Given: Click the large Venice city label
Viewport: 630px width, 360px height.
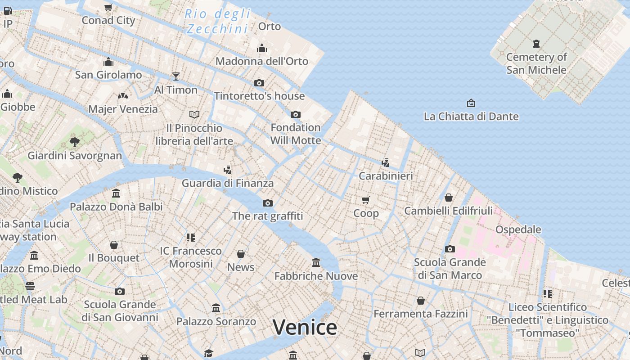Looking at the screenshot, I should pyautogui.click(x=305, y=327).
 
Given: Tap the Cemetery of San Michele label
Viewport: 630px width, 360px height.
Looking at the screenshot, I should pyautogui.click(x=536, y=63).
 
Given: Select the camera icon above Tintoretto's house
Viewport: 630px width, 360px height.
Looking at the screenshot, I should pyautogui.click(x=259, y=83).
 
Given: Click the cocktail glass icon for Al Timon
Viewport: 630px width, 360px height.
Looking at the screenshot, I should pyautogui.click(x=176, y=76).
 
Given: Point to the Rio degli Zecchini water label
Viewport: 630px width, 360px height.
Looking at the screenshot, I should pyautogui.click(x=218, y=21).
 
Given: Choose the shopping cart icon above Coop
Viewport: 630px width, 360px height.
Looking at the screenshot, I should pyautogui.click(x=366, y=200).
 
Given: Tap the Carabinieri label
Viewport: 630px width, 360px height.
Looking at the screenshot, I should pyautogui.click(x=386, y=175).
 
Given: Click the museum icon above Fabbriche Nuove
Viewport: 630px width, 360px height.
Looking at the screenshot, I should pyautogui.click(x=316, y=262).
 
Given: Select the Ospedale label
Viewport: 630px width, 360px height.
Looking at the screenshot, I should pyautogui.click(x=518, y=229).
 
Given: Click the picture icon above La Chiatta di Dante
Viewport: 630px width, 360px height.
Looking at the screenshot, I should pyautogui.click(x=471, y=103).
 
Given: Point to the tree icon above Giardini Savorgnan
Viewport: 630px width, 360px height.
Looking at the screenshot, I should pyautogui.click(x=75, y=142).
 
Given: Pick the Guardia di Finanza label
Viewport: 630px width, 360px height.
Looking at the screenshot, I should pyautogui.click(x=228, y=183).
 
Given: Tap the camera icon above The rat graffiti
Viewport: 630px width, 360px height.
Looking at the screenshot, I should pyautogui.click(x=268, y=203).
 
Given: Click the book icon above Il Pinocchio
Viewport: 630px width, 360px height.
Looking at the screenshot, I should pyautogui.click(x=194, y=114).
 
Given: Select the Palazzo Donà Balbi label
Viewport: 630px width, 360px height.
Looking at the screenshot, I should pyautogui.click(x=116, y=207).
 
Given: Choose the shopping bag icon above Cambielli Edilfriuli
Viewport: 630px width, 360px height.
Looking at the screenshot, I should pyautogui.click(x=449, y=198).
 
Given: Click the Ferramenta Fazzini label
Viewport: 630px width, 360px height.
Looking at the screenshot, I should pyautogui.click(x=421, y=314).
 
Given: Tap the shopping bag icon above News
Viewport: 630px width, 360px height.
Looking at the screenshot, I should pyautogui.click(x=241, y=254).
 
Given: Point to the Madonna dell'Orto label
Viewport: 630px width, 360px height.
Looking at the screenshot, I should pyautogui.click(x=262, y=61).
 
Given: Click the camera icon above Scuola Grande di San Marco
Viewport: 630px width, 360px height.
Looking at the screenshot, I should pyautogui.click(x=450, y=249).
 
